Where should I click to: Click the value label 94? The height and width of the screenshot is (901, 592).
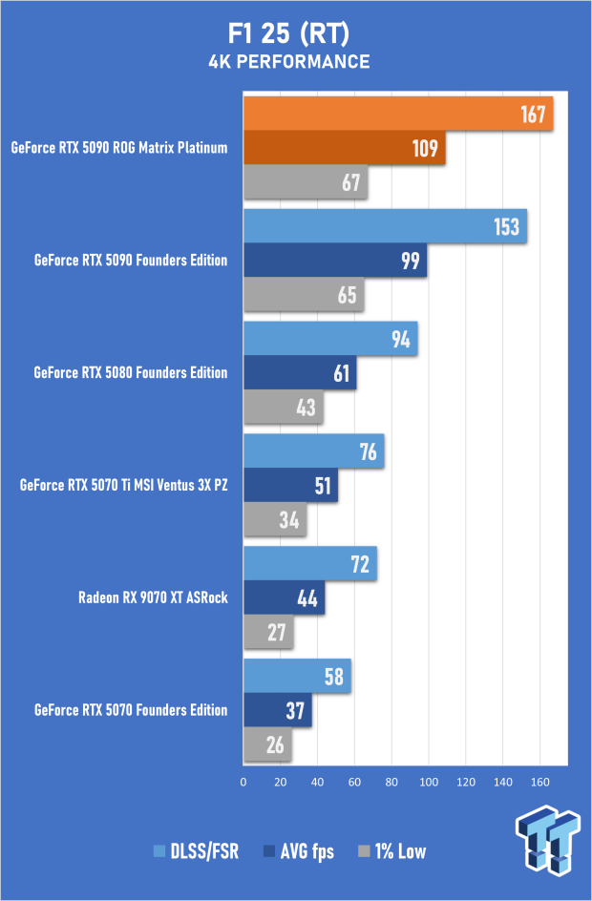[x=400, y=340]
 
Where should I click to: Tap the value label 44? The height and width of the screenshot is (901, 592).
[x=310, y=597]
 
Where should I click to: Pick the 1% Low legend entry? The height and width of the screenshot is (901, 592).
[x=392, y=851]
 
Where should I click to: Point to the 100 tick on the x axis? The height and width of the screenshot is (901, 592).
[x=429, y=782]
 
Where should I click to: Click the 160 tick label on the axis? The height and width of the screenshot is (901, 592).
[x=539, y=782]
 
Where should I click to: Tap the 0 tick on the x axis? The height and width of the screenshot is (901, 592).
[x=243, y=782]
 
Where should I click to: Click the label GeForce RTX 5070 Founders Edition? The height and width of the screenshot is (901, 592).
[x=131, y=710]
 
